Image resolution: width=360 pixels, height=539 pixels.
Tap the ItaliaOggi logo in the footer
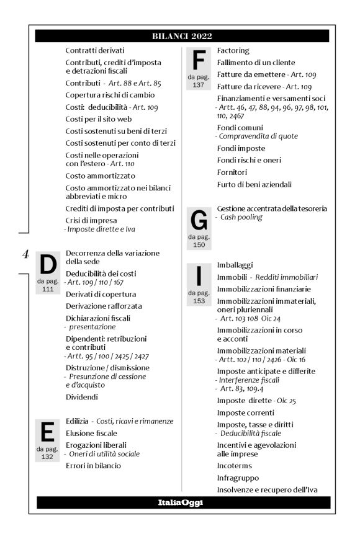pyautogui.click(x=180, y=502)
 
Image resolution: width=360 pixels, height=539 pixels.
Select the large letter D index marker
pyautogui.click(x=48, y=265)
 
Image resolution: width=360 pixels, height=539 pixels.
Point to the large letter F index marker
pyautogui.click(x=199, y=61)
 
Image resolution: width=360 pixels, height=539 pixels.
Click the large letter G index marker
pyautogui.click(x=199, y=221)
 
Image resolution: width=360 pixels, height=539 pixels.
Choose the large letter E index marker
pyautogui.click(x=48, y=432)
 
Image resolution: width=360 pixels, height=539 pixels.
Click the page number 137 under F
pyautogui.click(x=199, y=85)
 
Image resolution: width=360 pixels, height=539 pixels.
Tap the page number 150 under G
pyautogui.click(x=199, y=245)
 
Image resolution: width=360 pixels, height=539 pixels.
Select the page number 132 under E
pyautogui.click(x=48, y=457)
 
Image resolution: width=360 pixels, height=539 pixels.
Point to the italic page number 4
pyautogui.click(x=25, y=253)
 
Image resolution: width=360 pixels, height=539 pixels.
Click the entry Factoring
pyautogui.click(x=233, y=50)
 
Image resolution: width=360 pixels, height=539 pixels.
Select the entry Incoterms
pyautogui.click(x=236, y=466)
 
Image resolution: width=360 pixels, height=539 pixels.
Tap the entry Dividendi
pyautogui.click(x=83, y=397)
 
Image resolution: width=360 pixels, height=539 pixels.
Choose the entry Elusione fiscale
pyautogui.click(x=91, y=433)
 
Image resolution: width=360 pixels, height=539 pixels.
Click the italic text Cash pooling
pyautogui.click(x=242, y=217)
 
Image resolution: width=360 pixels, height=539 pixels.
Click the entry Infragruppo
pyautogui.click(x=238, y=478)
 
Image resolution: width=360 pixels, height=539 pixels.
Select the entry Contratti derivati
pyautogui.click(x=95, y=50)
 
